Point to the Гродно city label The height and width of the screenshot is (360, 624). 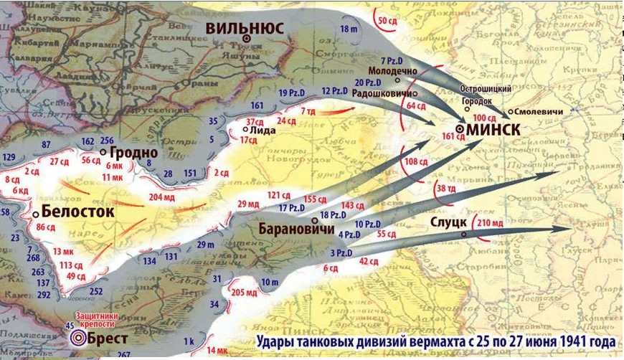(133, 153)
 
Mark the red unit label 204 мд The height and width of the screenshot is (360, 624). (161, 197)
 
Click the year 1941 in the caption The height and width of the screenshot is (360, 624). (555, 339)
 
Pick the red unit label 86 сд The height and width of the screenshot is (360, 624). (45, 227)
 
